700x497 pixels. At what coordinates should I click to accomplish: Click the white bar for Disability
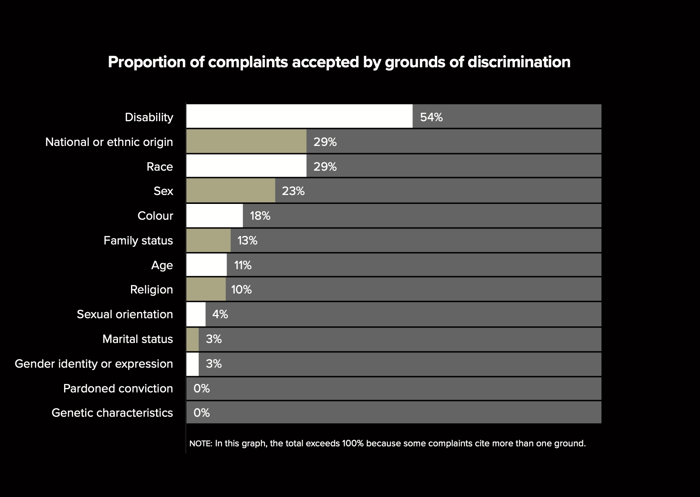299,116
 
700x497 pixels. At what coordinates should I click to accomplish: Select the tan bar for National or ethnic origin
246,141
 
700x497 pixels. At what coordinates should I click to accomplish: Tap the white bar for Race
246,166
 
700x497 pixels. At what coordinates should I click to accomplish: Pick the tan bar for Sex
230,191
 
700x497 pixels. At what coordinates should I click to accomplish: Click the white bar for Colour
215,216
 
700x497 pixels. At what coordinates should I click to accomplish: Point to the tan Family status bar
208,240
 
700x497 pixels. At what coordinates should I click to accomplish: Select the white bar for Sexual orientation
196,314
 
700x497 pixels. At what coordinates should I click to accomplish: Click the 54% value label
431,117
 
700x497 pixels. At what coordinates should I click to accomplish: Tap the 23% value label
293,191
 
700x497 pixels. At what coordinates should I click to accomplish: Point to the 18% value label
260,216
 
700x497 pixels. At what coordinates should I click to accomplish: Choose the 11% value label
243,265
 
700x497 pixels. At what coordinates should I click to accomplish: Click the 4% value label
220,314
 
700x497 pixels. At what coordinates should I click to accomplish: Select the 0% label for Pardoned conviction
202,388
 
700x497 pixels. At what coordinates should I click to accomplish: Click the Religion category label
151,289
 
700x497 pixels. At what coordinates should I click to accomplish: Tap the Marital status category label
137,339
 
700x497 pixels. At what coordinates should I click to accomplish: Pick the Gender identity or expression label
94,364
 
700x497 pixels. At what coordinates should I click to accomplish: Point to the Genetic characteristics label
112,413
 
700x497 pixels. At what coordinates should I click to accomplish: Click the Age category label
162,265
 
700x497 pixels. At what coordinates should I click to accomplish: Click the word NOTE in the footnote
200,443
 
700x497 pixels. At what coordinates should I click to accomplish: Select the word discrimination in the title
519,62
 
